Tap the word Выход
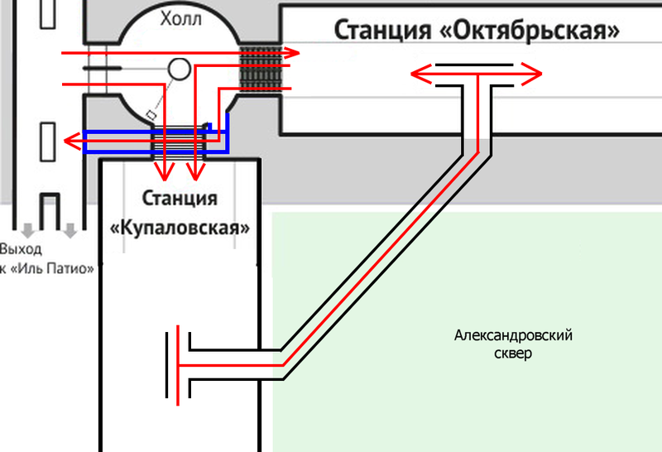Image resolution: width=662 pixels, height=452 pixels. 20,249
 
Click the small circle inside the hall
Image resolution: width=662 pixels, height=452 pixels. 179,70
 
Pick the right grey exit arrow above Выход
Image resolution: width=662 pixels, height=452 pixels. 71,229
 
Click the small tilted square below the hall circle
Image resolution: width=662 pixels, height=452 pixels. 151,114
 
